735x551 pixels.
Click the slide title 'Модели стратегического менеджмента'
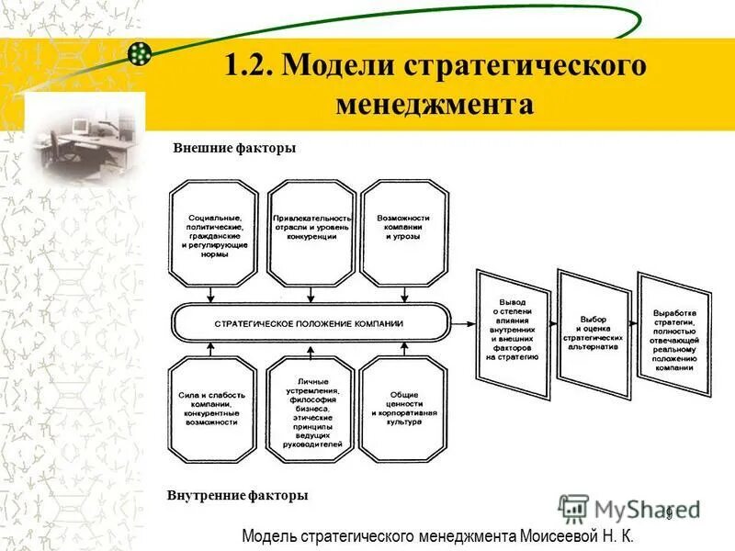click(435, 84)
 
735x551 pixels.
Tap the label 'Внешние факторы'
click(234, 148)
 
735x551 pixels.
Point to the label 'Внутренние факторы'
click(237, 496)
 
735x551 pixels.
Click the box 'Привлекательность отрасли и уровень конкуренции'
click(311, 232)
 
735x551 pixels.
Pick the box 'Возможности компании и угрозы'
click(404, 232)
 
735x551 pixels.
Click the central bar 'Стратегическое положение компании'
click(309, 324)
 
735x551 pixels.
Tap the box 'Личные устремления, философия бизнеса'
click(311, 410)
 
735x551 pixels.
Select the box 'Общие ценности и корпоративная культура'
click(404, 410)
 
